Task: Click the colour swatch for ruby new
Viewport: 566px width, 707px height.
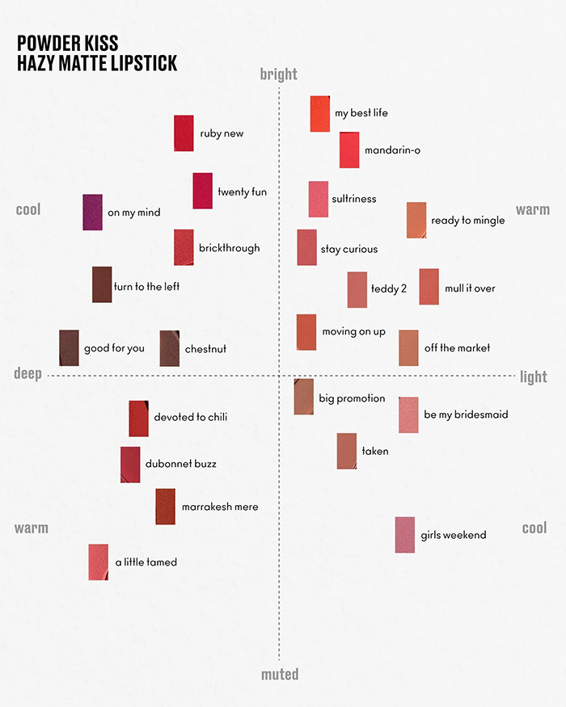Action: click(x=184, y=133)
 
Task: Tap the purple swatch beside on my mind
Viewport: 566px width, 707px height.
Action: click(x=93, y=213)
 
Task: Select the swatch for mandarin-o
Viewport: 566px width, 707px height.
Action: click(x=349, y=150)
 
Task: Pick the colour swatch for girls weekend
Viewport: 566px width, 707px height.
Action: click(x=405, y=535)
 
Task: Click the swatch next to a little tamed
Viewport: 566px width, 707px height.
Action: click(x=99, y=562)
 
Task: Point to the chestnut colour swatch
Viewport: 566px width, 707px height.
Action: click(x=170, y=349)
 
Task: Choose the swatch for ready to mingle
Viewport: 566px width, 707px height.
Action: click(x=416, y=220)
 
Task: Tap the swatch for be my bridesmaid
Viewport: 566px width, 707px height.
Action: click(x=408, y=415)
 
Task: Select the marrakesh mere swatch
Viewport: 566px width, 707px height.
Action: click(x=166, y=507)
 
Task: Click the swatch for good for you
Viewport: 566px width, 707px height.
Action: click(x=70, y=348)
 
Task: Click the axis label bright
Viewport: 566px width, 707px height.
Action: click(x=279, y=74)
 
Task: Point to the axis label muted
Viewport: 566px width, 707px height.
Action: click(x=280, y=674)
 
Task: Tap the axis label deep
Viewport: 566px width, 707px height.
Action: click(x=27, y=373)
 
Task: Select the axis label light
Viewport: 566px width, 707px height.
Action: click(x=534, y=377)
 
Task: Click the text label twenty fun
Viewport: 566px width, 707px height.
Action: click(x=242, y=192)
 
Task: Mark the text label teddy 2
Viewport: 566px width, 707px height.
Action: click(x=389, y=288)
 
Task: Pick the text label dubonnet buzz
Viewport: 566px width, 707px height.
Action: click(x=180, y=465)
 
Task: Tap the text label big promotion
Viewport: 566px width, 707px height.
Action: click(x=352, y=398)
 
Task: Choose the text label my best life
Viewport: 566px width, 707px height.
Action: click(x=361, y=113)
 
